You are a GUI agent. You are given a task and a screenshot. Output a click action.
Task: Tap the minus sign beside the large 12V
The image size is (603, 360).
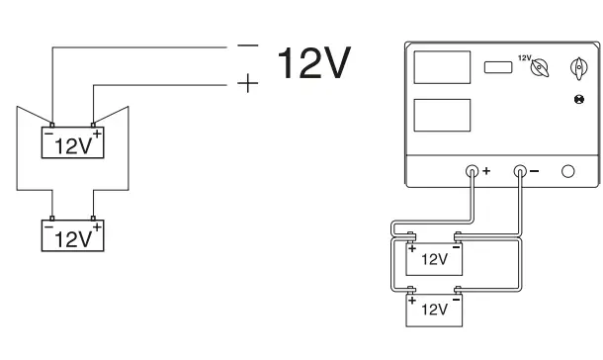click(246, 46)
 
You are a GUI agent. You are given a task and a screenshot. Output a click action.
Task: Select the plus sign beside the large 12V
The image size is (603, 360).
click(246, 85)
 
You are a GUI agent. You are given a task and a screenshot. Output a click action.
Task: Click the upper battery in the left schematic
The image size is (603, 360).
click(72, 143)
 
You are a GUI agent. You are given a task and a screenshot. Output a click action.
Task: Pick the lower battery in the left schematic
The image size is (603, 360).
click(72, 236)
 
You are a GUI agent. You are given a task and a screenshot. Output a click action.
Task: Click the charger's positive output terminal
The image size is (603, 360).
click(473, 170)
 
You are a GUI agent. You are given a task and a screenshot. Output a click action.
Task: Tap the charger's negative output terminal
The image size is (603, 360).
click(521, 170)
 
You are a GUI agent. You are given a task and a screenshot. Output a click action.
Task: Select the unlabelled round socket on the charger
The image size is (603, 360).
click(567, 170)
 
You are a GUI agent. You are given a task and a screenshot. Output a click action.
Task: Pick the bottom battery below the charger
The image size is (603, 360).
click(435, 308)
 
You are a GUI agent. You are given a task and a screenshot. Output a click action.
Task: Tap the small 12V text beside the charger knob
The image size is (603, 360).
click(524, 56)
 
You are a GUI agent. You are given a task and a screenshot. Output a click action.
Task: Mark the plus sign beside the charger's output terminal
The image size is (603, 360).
click(485, 171)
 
